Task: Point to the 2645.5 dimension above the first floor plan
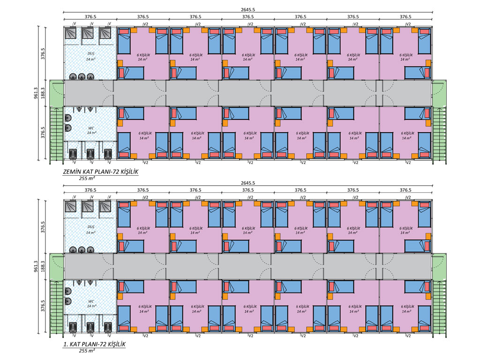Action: pos(248,182)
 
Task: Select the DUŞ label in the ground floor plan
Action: pos(90,54)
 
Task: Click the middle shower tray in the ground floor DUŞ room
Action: pos(88,34)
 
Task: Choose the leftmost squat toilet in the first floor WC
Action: pos(73,326)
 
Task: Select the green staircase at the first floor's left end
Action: pos(57,307)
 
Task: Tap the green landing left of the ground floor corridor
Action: pos(57,93)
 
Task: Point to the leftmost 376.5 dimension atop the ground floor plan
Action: pos(90,16)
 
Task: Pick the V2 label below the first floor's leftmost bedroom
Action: pos(146,335)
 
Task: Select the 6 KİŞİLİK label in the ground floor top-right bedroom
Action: pos(405,54)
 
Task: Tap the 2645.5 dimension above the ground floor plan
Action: pos(248,9)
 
